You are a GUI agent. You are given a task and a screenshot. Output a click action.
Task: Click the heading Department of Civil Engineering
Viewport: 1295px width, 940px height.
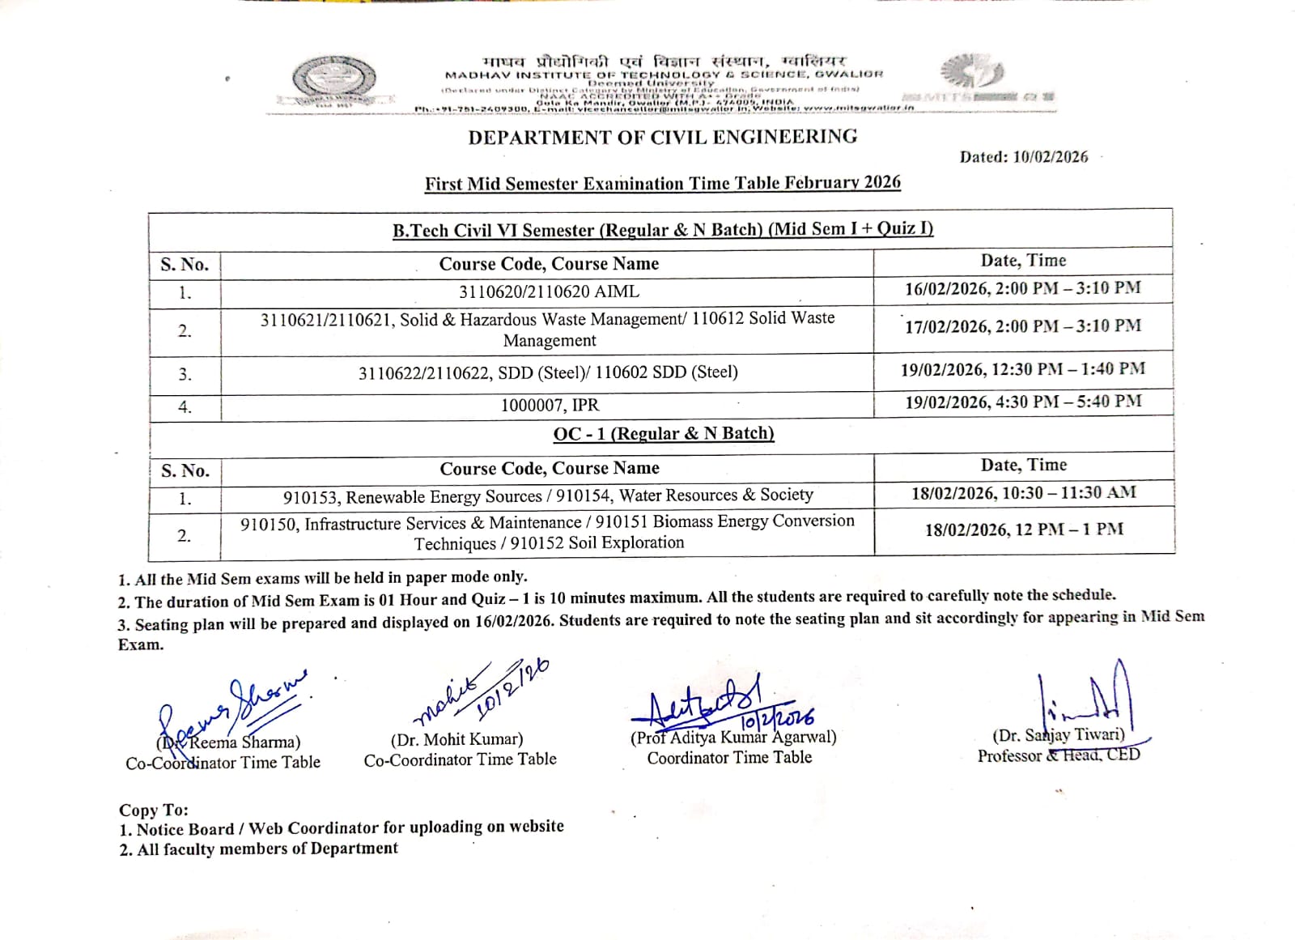[662, 137]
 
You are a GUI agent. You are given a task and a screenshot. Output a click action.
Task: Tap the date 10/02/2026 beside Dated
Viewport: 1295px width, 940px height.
[1050, 157]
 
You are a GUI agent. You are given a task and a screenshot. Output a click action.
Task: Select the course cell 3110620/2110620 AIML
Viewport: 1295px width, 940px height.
[549, 291]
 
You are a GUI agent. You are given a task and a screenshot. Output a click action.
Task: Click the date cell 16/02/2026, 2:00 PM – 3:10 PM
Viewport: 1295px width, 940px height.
[1023, 288]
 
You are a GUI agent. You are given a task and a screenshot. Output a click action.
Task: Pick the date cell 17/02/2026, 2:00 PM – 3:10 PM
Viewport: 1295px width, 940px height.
[1023, 326]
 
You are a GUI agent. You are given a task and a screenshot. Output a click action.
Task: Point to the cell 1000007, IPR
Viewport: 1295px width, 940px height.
[550, 405]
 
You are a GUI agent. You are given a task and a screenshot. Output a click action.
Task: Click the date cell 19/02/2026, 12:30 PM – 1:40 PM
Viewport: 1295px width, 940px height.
[1023, 370]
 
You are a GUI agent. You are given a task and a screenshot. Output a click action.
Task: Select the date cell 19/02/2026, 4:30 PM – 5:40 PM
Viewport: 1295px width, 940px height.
[1023, 402]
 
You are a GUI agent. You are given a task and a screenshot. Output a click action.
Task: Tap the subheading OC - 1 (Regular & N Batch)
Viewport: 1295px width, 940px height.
[663, 434]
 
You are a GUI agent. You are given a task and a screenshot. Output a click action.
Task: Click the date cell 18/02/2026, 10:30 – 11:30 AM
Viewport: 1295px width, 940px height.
[1023, 493]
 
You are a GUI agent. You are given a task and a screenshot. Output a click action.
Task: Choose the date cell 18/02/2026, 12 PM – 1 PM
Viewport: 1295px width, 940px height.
[1024, 530]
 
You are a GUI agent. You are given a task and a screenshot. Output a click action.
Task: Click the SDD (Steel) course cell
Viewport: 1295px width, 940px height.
[548, 372]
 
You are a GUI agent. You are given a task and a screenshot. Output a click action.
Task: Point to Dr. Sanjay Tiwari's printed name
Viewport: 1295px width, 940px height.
[1059, 735]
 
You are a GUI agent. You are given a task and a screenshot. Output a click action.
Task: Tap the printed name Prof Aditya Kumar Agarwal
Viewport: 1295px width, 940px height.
[733, 738]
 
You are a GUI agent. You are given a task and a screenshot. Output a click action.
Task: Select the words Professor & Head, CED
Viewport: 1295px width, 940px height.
[1059, 755]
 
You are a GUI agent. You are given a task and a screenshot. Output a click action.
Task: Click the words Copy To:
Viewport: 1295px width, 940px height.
[154, 810]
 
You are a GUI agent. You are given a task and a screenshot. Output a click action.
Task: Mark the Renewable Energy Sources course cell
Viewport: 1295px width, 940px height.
[548, 496]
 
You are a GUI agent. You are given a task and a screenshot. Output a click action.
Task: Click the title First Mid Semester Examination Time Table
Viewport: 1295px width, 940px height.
[662, 183]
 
